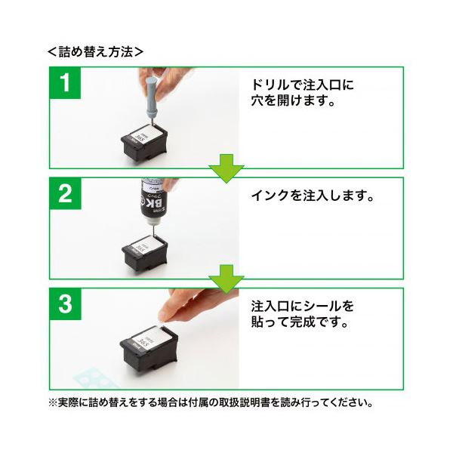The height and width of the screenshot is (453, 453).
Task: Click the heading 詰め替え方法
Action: [96, 52]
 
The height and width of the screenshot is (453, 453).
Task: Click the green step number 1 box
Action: [65, 83]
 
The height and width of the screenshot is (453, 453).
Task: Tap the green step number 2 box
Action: [65, 193]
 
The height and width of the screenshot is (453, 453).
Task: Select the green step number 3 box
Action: [65, 304]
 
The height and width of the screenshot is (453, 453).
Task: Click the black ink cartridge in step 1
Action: [144, 143]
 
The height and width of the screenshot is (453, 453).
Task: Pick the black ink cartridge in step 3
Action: [149, 349]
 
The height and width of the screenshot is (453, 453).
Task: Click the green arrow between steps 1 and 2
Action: [226, 168]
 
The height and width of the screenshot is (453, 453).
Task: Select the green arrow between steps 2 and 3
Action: [226, 279]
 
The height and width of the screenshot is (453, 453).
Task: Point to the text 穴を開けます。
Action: [293, 100]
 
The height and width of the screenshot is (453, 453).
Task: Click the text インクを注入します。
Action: [313, 196]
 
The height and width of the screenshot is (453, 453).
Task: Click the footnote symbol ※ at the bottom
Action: [53, 402]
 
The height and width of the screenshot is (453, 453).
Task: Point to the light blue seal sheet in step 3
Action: [96, 377]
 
